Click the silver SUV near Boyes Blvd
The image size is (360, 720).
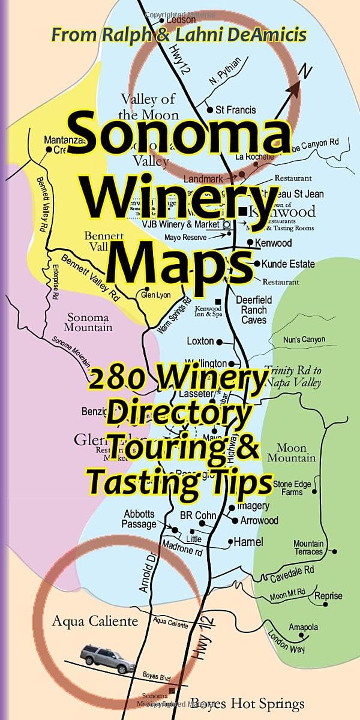(x=107, y=658)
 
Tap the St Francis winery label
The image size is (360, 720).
(x=236, y=110)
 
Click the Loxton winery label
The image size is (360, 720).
(x=200, y=341)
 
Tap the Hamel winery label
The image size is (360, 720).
(x=248, y=542)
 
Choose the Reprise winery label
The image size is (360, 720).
(x=328, y=595)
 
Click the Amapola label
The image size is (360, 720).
(x=303, y=627)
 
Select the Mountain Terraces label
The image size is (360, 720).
(x=308, y=547)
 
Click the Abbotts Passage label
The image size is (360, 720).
(x=140, y=519)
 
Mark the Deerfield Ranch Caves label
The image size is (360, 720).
(x=254, y=310)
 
